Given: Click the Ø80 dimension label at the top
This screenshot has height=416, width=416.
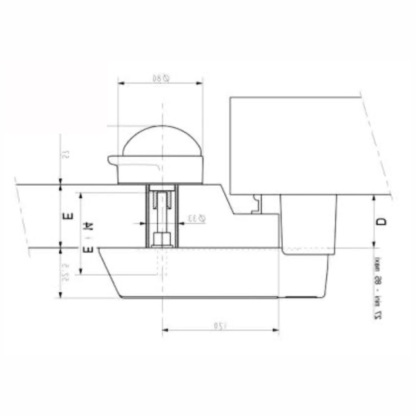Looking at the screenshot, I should tap(162, 78).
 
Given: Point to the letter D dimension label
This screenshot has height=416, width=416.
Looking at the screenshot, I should tap(382, 221).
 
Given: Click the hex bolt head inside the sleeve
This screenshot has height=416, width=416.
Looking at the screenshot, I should tap(162, 239).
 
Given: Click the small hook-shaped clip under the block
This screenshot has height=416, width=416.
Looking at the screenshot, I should tap(257, 204).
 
